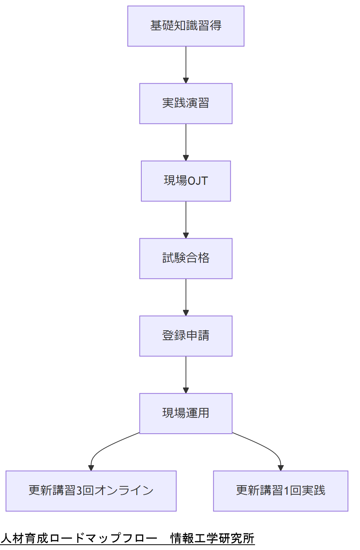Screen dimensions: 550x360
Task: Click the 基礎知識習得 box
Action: click(186, 26)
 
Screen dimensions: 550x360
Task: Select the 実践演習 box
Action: click(186, 103)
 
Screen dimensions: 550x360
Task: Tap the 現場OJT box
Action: click(186, 181)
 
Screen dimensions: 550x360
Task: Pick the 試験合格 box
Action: click(186, 258)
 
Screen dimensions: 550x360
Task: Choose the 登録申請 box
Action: click(186, 336)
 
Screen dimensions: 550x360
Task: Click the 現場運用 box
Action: click(186, 413)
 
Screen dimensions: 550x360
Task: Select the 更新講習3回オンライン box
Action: click(91, 491)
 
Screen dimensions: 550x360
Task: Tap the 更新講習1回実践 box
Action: click(280, 491)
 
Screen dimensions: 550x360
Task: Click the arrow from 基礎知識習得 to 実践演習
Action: click(186, 64)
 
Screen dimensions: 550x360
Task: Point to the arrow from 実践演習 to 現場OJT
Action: click(186, 142)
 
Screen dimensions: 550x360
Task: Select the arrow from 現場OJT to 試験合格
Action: click(186, 220)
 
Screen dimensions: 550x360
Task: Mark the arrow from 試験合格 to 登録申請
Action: click(186, 297)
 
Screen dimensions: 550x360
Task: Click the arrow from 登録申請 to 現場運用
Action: click(186, 375)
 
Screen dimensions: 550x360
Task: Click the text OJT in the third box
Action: click(197, 181)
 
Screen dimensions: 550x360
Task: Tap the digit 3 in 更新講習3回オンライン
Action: click(79, 491)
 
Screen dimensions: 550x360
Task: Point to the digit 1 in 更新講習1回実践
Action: click(286, 491)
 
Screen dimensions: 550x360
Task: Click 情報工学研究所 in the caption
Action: click(212, 538)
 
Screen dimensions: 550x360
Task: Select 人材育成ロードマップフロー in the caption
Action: click(79, 538)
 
